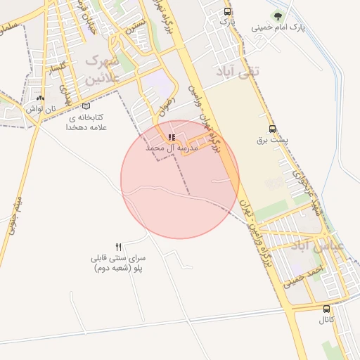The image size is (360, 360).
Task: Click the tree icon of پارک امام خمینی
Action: pos(279,15)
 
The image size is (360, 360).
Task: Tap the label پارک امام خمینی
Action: pos(281,27)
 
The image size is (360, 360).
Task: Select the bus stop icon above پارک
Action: pos(226,11)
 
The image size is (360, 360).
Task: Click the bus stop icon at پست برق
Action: pos(273,129)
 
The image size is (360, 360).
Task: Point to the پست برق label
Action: pos(273,140)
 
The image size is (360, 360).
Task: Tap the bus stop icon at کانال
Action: pos(326,309)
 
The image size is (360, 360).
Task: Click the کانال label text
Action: pos(326,320)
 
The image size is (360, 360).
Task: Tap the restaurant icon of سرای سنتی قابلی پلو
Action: pos(118,247)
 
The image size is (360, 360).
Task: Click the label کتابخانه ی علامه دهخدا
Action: pos(86,122)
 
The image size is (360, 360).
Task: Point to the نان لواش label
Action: pos(41,110)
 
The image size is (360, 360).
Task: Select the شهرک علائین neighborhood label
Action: pos(98,70)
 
